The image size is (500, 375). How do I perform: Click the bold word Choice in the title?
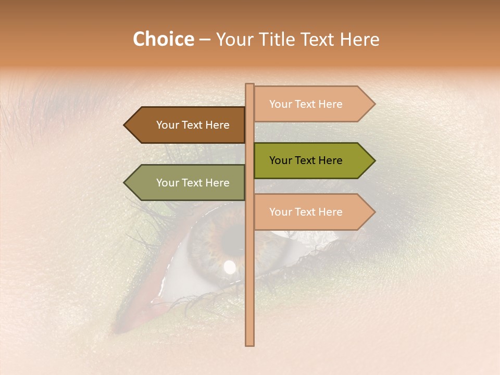[163, 40]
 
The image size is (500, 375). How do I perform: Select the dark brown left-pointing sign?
[187, 125]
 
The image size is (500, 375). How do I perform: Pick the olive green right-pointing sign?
[310, 160]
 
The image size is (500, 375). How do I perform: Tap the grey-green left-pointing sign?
[187, 183]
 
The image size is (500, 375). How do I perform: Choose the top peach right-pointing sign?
[310, 104]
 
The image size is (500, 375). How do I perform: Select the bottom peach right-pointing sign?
[310, 212]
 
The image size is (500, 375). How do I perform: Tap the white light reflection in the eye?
[229, 268]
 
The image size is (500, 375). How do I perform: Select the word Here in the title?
[360, 40]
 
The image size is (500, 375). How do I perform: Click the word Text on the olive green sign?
[306, 160]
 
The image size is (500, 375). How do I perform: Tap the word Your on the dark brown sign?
[167, 125]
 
